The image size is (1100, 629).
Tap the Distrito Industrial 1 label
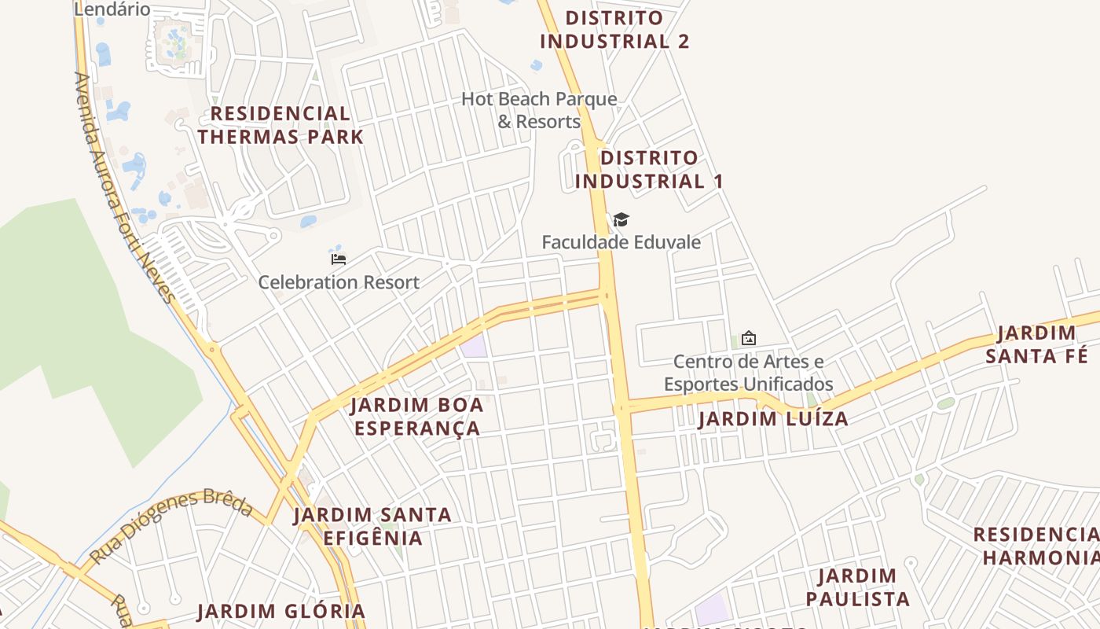pyautogui.click(x=648, y=169)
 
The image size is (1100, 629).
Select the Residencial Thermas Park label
pyautogui.click(x=280, y=125)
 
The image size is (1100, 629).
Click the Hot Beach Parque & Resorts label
pyautogui.click(x=539, y=110)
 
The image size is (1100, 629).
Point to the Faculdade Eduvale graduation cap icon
pyautogui.click(x=621, y=220)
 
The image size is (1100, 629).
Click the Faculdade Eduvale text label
pyautogui.click(x=621, y=242)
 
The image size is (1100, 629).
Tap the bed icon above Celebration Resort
pyautogui.click(x=339, y=259)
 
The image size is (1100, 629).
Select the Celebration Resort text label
pyautogui.click(x=339, y=282)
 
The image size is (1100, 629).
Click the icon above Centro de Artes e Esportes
pyautogui.click(x=748, y=338)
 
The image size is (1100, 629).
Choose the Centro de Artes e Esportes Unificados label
pyautogui.click(x=748, y=373)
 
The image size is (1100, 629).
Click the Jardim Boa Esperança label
pyautogui.click(x=416, y=417)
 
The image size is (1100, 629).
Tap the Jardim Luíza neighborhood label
pyautogui.click(x=773, y=419)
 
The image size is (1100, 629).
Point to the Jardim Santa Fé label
pyautogui.click(x=1036, y=344)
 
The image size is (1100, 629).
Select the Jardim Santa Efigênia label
pyautogui.click(x=372, y=526)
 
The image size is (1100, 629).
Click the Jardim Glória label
pyautogui.click(x=281, y=611)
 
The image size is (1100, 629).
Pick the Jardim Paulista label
pyautogui.click(x=857, y=587)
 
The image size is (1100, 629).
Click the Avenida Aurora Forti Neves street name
pyautogui.click(x=123, y=189)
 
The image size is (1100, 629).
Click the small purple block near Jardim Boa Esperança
pyautogui.click(x=474, y=346)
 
